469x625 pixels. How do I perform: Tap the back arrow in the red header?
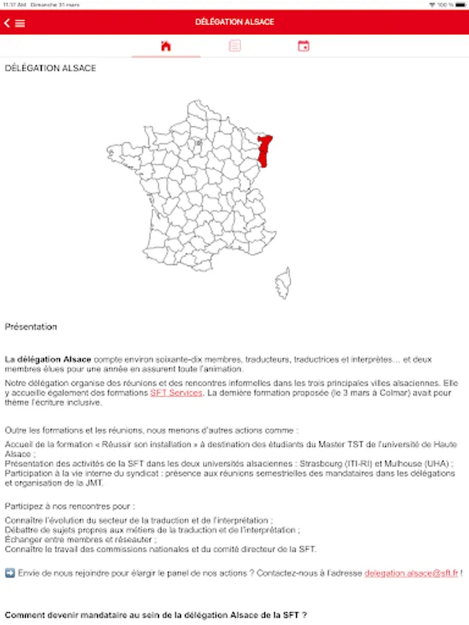pos(7,23)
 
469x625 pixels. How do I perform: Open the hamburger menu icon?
pos(20,23)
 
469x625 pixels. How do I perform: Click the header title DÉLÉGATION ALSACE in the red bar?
pos(235,22)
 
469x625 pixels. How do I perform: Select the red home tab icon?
pos(165,47)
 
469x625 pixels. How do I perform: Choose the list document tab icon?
pos(235,47)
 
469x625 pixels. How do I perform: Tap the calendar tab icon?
pos(304,47)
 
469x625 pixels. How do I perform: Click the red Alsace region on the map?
pos(265,150)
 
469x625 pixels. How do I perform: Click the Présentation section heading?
pos(31,326)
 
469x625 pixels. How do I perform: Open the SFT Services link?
pos(176,392)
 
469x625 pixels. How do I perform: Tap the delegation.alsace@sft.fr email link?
pos(411,574)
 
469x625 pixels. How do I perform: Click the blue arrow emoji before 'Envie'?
pos(10,574)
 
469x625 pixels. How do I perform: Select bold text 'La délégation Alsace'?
pos(48,359)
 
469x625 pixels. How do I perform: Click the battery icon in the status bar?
pos(459,5)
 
